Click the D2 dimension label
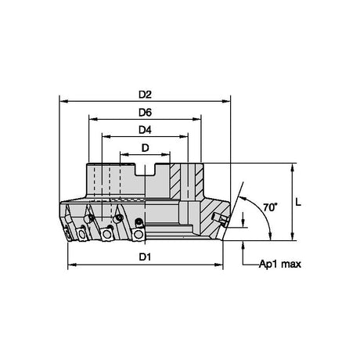145,95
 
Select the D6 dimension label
145,113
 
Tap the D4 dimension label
145,130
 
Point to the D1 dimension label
145,257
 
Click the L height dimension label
298,202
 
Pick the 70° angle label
270,207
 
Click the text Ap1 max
280,265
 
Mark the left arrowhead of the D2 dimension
64,101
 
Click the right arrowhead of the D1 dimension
218,265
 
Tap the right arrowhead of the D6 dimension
196,119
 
